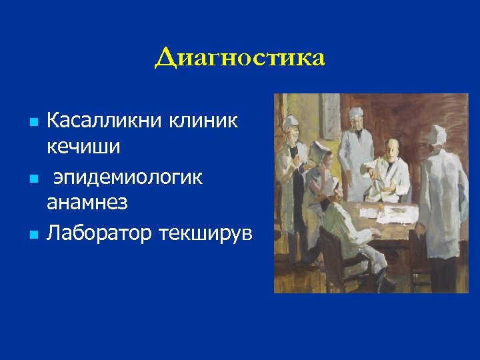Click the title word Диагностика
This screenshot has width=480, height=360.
[x=240, y=58]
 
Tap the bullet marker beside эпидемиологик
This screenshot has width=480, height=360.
[x=34, y=179]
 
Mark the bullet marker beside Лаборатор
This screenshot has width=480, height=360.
[x=34, y=235]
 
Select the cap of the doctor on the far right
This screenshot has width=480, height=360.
[x=439, y=133]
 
